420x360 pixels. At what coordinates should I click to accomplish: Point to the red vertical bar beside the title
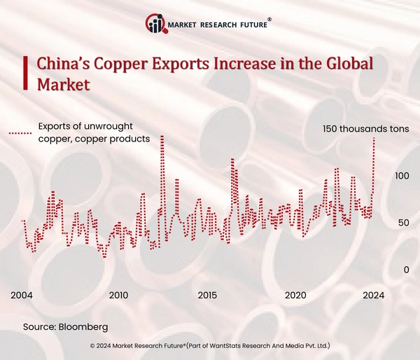click(26, 74)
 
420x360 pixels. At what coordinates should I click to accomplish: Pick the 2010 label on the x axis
click(118, 295)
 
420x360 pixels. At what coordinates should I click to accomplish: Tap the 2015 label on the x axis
click(207, 295)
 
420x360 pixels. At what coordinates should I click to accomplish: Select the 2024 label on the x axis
click(373, 295)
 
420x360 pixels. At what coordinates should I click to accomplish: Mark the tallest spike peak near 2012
click(162, 137)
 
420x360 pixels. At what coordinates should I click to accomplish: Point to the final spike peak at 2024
click(374, 138)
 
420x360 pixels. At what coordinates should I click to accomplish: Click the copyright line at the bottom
click(210, 346)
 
